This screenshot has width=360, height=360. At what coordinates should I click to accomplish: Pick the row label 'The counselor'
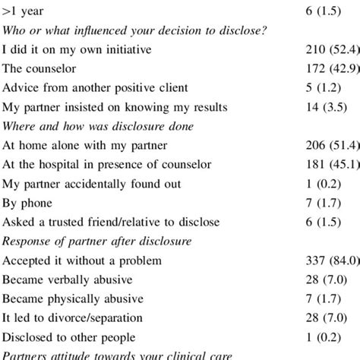[38, 70]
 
